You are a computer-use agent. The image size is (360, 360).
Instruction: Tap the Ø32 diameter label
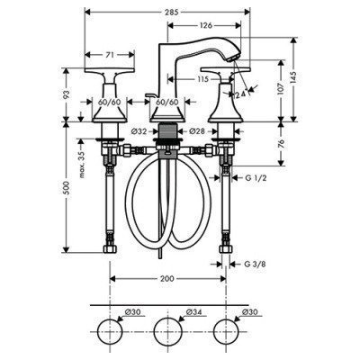[x=139, y=131]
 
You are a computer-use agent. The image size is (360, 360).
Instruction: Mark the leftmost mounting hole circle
[x=110, y=329]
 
